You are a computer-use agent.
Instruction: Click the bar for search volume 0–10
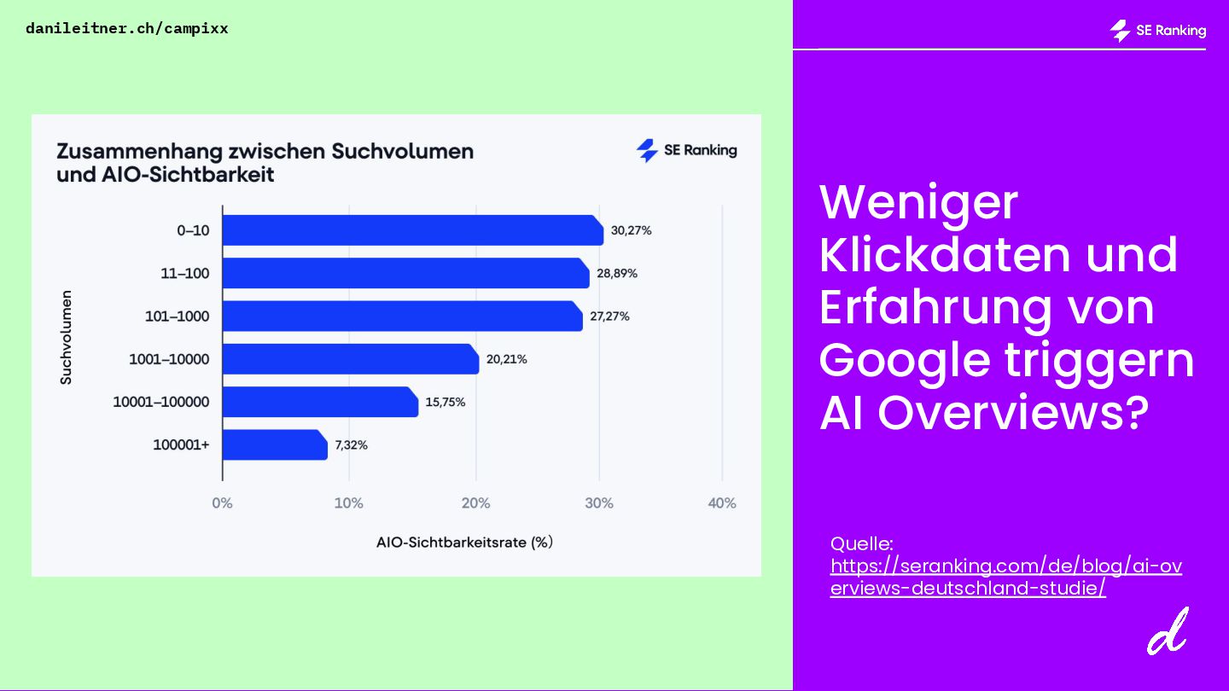[412, 230]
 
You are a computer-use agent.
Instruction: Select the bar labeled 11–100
[405, 273]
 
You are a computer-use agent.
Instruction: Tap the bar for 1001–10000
[350, 359]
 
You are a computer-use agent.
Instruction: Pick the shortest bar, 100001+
[275, 444]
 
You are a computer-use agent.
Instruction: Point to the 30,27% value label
[631, 230]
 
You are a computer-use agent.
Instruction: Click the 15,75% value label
[445, 402]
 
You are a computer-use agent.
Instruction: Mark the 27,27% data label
[609, 316]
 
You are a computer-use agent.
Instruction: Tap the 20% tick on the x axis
[475, 503]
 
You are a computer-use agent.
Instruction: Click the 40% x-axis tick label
[722, 503]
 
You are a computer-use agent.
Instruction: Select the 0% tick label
[222, 503]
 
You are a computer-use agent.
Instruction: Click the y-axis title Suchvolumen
[66, 338]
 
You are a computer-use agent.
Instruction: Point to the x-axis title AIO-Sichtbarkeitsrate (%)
[464, 543]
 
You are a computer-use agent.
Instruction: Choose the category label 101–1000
[177, 316]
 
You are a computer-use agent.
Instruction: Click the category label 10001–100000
[160, 402]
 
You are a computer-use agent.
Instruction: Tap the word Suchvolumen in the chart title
[402, 152]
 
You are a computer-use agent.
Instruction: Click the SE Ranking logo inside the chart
[686, 151]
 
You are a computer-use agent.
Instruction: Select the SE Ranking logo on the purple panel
[1157, 31]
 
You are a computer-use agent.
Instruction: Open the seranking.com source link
[1005, 577]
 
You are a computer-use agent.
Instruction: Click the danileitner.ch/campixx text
[127, 28]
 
